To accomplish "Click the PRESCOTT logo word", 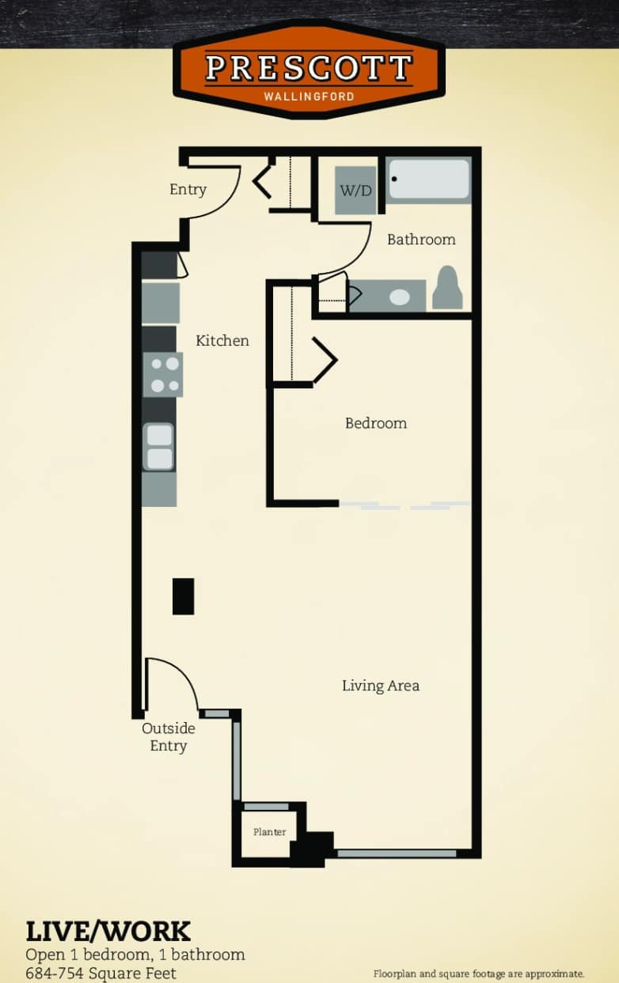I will point(309,68).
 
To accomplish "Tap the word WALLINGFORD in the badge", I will point(309,96).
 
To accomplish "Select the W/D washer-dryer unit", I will point(355,191).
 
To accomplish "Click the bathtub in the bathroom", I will point(428,180).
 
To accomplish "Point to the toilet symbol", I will point(448,289).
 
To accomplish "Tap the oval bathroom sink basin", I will point(400,297).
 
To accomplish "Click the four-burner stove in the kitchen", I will point(162,375).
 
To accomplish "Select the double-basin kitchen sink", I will point(159,447).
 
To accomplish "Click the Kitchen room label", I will point(222,341).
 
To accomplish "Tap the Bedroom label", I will point(375,423).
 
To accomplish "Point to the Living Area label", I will point(380,686).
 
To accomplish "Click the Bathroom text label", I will point(421,240).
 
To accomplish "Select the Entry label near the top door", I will point(188,190).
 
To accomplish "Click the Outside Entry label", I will point(168,737).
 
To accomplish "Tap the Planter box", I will point(269,832).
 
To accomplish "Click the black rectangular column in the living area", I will point(183,596).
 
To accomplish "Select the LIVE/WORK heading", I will point(108,931).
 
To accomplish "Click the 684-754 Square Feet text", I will point(101,973).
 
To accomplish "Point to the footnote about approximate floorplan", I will point(478,974).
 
